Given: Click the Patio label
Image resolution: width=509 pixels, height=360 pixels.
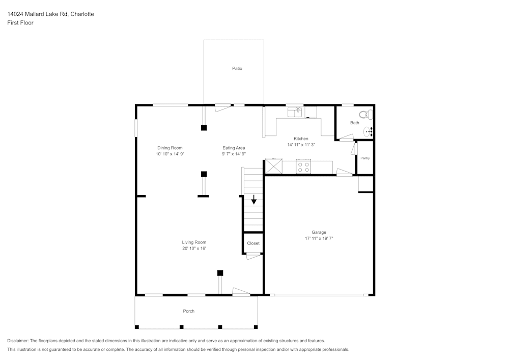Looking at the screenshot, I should (237, 68).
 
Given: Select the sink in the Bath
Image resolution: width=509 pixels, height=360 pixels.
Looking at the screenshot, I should (369, 131).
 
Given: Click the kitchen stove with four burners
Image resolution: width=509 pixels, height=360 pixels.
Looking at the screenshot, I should (304, 167).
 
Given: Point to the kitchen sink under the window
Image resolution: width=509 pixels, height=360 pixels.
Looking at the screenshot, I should (295, 112).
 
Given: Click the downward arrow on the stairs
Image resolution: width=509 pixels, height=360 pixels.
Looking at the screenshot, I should (254, 200).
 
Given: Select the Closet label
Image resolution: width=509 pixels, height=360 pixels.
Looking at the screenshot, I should (253, 243).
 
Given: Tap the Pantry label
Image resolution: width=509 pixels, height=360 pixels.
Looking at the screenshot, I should (365, 158).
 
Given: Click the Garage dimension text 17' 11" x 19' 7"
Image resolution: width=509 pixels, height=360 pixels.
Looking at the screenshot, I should (319, 238).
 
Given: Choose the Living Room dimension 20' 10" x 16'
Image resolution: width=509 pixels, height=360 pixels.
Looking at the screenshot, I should (194, 248).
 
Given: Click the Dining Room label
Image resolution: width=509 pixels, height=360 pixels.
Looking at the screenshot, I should (169, 148).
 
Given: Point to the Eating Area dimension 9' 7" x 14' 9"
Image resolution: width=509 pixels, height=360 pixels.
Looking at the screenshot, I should (234, 154).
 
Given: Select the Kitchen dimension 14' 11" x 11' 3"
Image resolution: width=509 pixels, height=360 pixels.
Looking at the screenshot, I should (301, 145).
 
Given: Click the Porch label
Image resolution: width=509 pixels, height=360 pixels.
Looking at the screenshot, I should (189, 311).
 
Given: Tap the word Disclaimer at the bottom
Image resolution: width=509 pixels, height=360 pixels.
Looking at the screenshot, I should (18, 341).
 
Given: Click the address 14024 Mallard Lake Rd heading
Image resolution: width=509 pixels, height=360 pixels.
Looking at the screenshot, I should (50, 14).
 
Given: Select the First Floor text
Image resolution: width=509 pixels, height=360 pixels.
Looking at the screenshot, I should (20, 23).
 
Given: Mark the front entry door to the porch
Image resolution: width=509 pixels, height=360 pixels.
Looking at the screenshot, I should (241, 292).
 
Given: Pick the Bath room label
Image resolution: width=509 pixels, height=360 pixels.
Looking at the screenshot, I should (354, 123).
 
